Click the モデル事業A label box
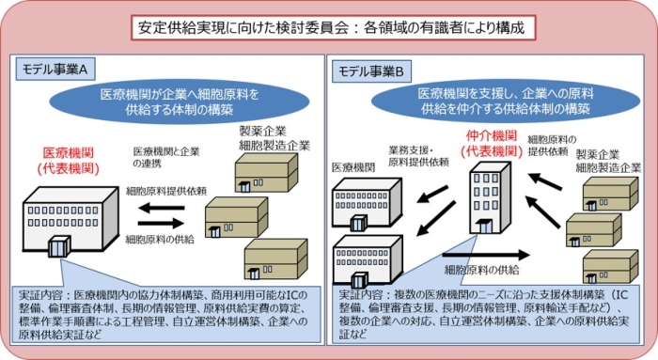click(x=55, y=70)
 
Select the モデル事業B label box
click(x=372, y=71)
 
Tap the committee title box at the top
click(x=333, y=28)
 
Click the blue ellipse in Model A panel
click(x=180, y=102)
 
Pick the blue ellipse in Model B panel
click(x=506, y=102)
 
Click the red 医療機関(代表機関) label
click(x=69, y=161)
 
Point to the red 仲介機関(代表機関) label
click(x=492, y=144)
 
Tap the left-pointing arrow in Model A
click(x=162, y=208)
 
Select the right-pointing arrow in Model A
click(x=161, y=223)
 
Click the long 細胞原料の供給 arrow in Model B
click(x=486, y=255)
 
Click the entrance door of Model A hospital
click(x=58, y=246)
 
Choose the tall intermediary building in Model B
click(x=490, y=198)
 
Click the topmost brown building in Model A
click(x=266, y=172)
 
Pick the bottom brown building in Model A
click(x=276, y=258)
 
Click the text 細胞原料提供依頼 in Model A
click(x=166, y=192)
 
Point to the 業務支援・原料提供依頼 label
click(x=418, y=156)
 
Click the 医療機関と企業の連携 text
click(x=166, y=157)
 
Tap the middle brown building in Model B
click(x=594, y=230)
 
